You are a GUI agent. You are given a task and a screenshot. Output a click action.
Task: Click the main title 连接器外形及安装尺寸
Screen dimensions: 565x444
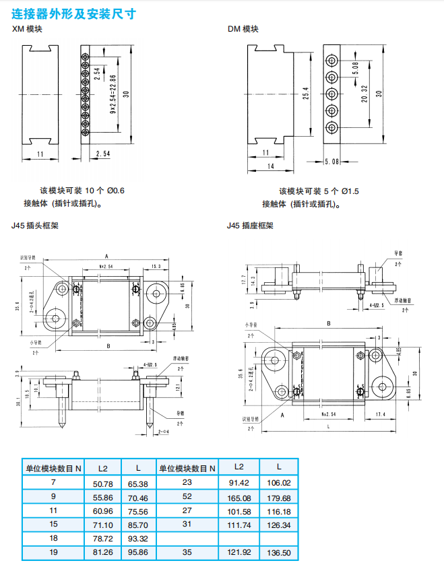(74, 11)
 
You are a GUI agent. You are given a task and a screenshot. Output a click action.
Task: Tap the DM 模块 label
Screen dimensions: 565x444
(243, 29)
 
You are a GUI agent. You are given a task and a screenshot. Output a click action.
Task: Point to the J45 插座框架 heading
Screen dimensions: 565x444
(250, 226)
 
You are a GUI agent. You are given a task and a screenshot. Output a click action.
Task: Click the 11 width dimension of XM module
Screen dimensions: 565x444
(40, 154)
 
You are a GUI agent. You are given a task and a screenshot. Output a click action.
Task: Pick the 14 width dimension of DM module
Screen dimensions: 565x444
(271, 166)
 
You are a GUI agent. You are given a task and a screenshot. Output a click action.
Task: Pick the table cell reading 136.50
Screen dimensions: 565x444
(279, 552)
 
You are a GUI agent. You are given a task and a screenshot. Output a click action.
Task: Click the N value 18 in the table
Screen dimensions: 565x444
(54, 538)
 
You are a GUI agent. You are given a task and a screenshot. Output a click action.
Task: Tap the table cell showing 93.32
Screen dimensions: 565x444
(138, 538)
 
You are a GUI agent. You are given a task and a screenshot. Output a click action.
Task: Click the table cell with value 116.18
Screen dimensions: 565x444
(279, 511)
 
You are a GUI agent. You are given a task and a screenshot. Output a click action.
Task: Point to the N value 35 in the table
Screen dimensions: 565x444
(187, 552)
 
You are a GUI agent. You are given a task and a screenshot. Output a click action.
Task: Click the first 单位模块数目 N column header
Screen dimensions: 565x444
(54, 467)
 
